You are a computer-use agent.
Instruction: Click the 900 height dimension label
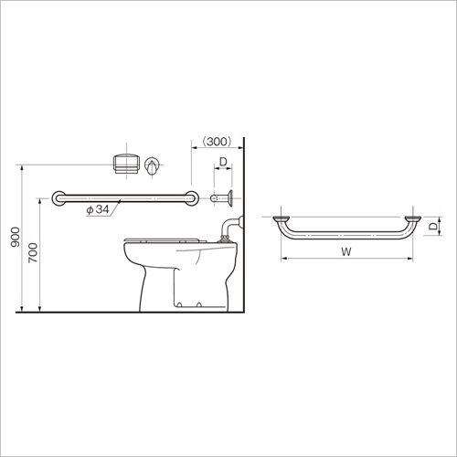click(15, 237)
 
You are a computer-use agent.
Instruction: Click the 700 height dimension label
click(33, 252)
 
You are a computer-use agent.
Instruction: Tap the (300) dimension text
click(218, 142)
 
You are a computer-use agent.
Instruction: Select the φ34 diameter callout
click(98, 209)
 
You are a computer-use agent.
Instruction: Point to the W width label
click(346, 251)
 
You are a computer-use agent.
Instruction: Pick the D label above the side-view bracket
click(223, 162)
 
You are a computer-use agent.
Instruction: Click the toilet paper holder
click(126, 164)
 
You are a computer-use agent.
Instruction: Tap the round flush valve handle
click(152, 166)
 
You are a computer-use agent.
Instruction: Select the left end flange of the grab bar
click(58, 198)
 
